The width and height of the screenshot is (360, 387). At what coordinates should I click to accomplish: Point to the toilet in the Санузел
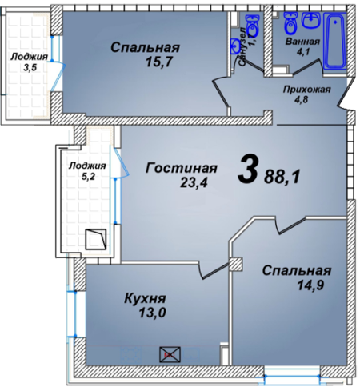tap(253, 28)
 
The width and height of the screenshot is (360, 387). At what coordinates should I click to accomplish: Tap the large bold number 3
tap(249, 170)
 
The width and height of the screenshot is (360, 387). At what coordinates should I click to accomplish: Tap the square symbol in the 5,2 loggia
tap(96, 239)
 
